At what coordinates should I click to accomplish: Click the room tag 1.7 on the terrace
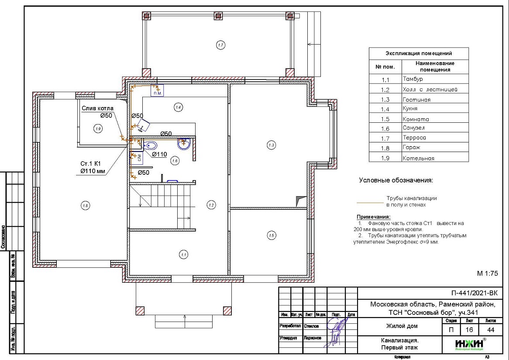[220, 45]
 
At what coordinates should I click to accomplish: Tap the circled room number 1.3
[272, 145]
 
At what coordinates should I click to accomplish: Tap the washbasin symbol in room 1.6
[183, 142]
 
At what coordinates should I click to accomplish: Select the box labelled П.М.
[157, 91]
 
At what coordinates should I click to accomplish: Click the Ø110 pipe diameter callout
[159, 154]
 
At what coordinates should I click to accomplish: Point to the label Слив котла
[97, 108]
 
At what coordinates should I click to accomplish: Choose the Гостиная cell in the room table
[416, 100]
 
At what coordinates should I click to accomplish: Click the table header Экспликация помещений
[418, 53]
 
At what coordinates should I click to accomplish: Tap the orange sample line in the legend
[370, 203]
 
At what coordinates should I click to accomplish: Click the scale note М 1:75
[488, 274]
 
